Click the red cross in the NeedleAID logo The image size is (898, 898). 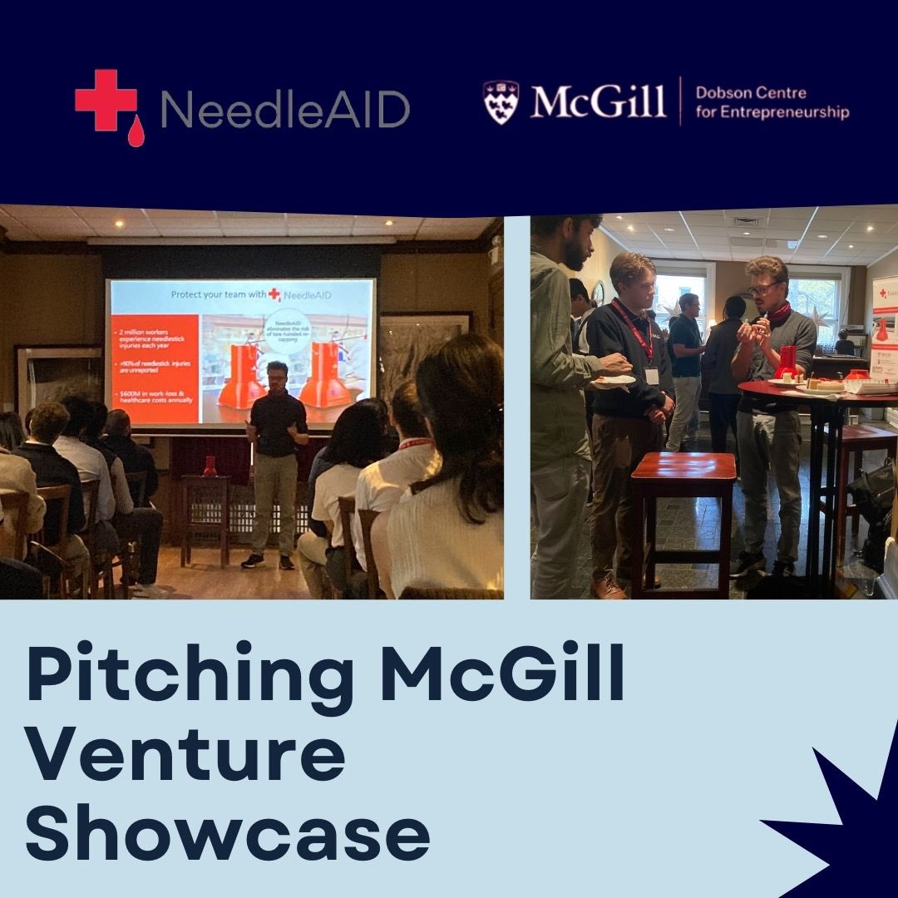coord(106,100)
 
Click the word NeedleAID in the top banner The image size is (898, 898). coord(285,110)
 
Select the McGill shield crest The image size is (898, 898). coord(501,102)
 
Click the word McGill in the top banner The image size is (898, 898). coord(599,102)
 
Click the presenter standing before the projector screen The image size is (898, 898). coord(276,461)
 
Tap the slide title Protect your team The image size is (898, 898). coord(218,294)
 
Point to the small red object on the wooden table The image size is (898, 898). coord(210,466)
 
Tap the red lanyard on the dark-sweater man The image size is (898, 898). coord(635,333)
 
